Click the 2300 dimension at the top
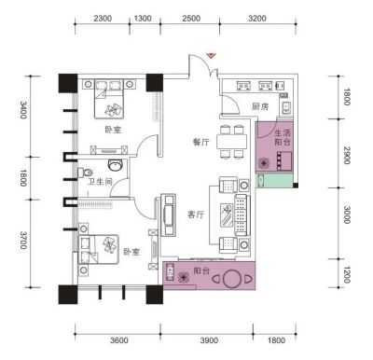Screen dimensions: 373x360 (x=103, y=19)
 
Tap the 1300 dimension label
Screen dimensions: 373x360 (x=143, y=19)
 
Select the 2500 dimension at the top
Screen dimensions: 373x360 (x=191, y=19)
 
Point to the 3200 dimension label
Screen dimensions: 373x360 (x=257, y=19)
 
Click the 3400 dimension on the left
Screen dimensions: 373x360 (x=23, y=110)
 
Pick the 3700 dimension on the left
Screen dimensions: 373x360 (x=23, y=240)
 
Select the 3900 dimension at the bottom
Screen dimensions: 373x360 (x=209, y=340)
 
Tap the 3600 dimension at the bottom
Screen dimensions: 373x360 (x=119, y=340)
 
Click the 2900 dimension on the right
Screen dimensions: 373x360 (x=347, y=155)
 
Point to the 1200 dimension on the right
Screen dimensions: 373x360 (x=347, y=275)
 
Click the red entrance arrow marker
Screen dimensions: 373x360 (x=212, y=55)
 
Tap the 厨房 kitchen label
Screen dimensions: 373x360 (x=260, y=107)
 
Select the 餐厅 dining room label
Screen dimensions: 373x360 (x=201, y=143)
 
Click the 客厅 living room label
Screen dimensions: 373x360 (x=196, y=215)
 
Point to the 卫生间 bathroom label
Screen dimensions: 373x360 (x=100, y=182)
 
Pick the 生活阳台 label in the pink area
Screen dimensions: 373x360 (x=283, y=138)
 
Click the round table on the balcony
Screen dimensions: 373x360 (x=230, y=279)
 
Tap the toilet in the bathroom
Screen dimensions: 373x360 (x=86, y=173)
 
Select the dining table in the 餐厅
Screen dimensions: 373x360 (x=232, y=142)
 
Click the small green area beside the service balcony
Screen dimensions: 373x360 (x=274, y=181)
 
